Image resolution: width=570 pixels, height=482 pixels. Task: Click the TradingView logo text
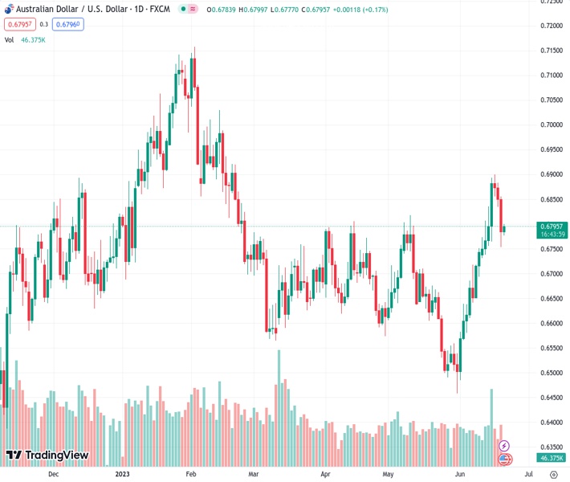point(57,455)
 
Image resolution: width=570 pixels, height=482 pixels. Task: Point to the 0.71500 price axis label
point(551,50)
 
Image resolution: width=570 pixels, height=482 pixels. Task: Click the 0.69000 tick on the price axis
point(551,174)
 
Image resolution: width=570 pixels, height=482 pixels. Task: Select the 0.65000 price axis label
point(551,373)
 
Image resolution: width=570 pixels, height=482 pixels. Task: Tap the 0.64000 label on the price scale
point(551,423)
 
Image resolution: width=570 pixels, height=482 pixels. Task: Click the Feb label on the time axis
point(191,474)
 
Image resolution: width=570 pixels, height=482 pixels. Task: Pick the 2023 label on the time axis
point(121,474)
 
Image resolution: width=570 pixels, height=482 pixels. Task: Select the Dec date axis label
point(53,474)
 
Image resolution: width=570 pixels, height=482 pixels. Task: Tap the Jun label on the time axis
point(460,474)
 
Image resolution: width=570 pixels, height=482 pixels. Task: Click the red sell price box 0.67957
point(20,24)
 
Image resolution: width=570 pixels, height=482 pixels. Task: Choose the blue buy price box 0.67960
point(68,24)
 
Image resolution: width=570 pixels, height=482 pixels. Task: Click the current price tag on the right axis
point(552,227)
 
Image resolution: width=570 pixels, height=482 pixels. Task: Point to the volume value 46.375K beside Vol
point(33,39)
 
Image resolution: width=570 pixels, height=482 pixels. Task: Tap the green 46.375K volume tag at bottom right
point(552,458)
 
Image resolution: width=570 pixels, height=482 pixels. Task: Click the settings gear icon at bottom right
point(553,474)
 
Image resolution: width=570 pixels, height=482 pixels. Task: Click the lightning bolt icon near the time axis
point(504,445)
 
